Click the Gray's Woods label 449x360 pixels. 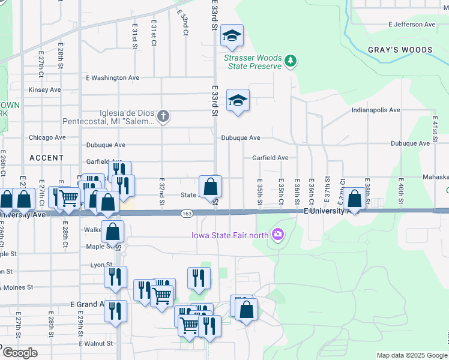(x=400, y=50)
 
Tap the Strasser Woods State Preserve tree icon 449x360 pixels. (x=291, y=61)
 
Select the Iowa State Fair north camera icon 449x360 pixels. (x=277, y=234)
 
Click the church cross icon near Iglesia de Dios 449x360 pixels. (x=163, y=115)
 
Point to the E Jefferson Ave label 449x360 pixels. (x=412, y=25)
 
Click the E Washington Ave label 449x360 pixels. (x=113, y=78)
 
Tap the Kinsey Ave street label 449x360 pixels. (x=45, y=90)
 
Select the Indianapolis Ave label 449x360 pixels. (x=376, y=110)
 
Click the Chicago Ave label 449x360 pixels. (x=48, y=137)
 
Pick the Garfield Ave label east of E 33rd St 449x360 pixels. (x=270, y=158)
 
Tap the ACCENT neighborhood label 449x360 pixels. (x=46, y=158)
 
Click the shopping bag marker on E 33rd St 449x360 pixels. (x=211, y=187)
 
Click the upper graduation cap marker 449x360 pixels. (x=231, y=36)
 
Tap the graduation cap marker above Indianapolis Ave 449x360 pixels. (x=238, y=100)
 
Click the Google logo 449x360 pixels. (x=20, y=353)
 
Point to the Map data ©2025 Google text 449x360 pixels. (x=411, y=355)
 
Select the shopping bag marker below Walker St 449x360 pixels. (x=113, y=231)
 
